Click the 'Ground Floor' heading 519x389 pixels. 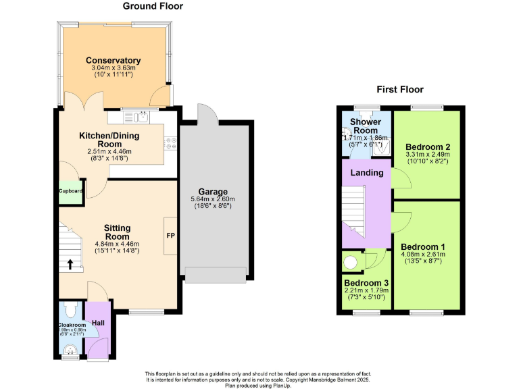[x=153, y=6]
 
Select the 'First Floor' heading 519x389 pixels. [x=400, y=89]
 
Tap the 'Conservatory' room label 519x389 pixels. [x=113, y=60]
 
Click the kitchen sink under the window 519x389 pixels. [x=141, y=118]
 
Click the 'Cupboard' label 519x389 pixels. [x=70, y=191]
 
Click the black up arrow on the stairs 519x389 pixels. [x=70, y=264]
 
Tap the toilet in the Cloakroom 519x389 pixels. [x=70, y=311]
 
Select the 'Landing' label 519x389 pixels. [x=366, y=173]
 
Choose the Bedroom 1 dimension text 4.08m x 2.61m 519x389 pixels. [x=424, y=255]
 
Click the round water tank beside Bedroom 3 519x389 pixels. [x=352, y=262]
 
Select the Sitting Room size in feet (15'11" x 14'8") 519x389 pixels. [x=117, y=251]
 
